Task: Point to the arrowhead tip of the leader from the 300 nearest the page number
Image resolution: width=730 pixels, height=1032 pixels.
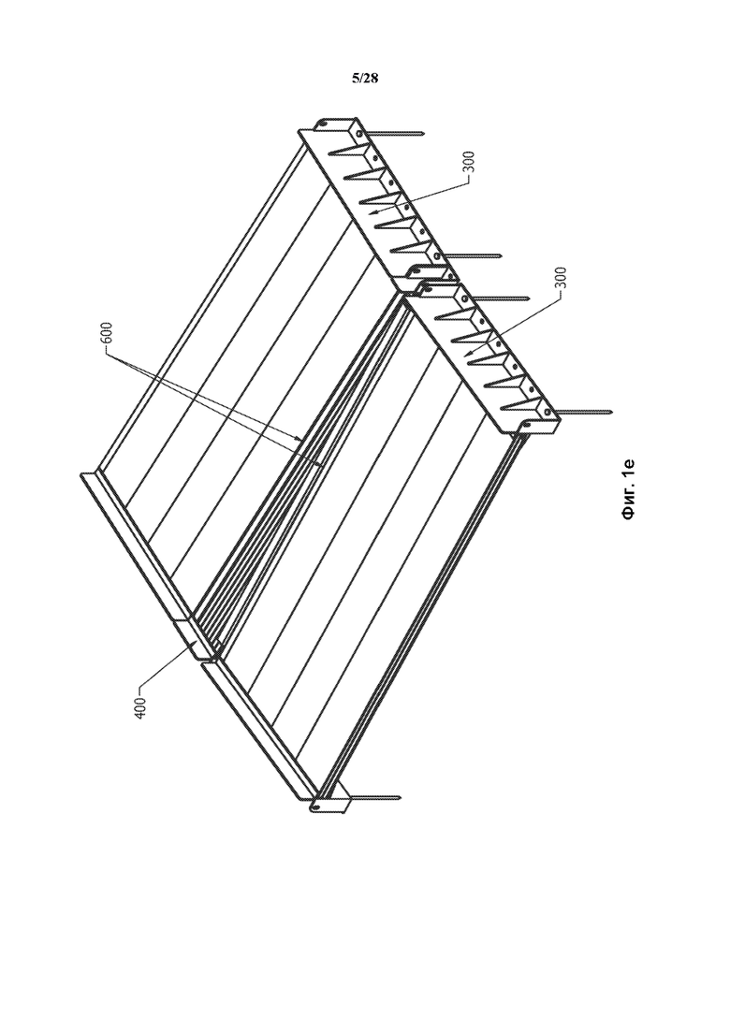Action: click(371, 213)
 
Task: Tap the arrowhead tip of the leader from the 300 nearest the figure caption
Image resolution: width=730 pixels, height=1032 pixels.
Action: click(466, 356)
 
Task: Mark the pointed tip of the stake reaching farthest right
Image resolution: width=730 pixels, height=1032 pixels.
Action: click(614, 414)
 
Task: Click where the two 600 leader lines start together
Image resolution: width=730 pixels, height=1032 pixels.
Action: click(108, 353)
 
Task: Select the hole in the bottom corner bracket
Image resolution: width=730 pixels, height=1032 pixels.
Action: click(316, 806)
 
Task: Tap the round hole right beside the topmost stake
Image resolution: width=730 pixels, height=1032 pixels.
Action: click(360, 134)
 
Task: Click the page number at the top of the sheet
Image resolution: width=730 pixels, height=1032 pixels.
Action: click(365, 79)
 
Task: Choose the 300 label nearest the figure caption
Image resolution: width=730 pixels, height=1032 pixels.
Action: click(561, 280)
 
